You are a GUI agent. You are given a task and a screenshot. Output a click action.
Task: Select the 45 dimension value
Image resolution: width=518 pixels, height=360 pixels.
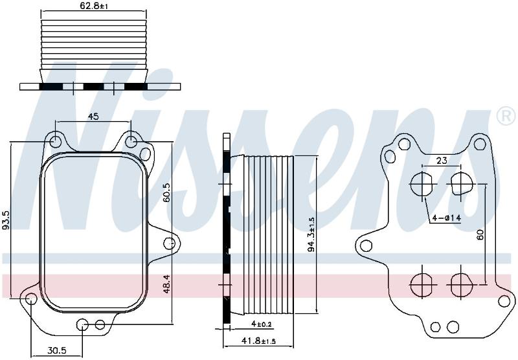(x=93, y=117)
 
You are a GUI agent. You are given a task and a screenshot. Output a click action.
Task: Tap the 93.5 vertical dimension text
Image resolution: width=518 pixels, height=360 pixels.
(x=6, y=220)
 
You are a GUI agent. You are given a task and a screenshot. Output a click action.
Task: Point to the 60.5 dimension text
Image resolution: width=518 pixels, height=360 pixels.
(x=166, y=192)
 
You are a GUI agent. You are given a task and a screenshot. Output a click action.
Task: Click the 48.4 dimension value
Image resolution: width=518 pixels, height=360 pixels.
(x=166, y=285)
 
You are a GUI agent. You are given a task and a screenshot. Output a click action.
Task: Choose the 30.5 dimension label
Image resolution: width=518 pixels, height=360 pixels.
(x=56, y=350)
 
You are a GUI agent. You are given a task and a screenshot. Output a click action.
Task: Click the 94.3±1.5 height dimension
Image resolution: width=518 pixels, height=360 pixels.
(x=311, y=234)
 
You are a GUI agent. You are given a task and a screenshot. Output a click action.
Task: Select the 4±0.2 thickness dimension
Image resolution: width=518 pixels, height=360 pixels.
(x=262, y=324)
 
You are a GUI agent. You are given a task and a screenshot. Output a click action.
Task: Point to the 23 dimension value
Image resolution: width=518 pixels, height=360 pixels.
(x=442, y=161)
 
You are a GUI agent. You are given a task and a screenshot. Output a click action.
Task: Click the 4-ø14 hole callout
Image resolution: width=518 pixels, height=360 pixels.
(x=447, y=218)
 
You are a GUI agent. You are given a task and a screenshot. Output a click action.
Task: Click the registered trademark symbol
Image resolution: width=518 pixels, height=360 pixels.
(x=506, y=117)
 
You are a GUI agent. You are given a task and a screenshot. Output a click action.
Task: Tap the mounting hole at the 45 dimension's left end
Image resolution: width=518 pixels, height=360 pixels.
(x=55, y=141)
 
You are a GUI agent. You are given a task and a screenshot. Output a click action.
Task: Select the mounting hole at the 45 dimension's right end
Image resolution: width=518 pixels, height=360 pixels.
(x=131, y=141)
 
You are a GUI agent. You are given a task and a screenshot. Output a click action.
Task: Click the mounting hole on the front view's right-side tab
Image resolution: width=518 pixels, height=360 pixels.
(x=169, y=243)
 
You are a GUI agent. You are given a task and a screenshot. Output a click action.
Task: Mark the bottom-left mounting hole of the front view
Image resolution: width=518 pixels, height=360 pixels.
(x=31, y=298)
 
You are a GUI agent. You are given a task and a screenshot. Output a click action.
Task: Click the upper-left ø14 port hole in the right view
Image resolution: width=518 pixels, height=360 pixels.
(x=422, y=184)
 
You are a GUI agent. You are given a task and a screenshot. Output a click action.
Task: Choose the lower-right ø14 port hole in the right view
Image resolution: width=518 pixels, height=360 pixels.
(x=461, y=284)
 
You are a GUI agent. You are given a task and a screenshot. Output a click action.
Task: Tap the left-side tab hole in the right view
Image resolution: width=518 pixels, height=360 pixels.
(x=366, y=245)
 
